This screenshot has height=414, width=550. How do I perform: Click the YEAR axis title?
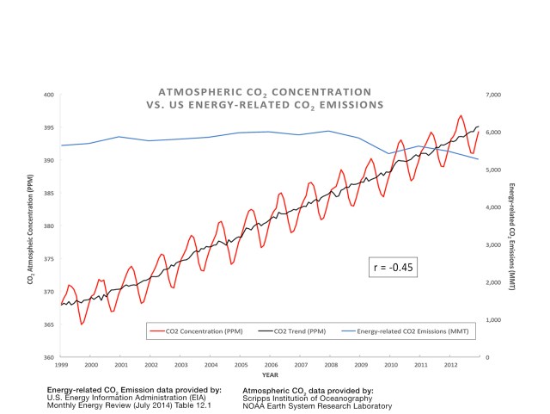pyautogui.click(x=270, y=375)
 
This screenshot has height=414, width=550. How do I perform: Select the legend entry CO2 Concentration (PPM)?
pyautogui.click(x=199, y=330)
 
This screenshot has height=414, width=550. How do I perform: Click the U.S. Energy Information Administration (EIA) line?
pyautogui.click(x=128, y=398)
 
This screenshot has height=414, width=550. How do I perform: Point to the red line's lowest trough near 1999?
pyautogui.click(x=82, y=324)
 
